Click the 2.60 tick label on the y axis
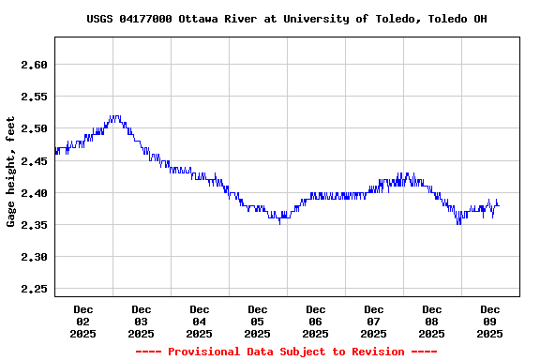click(x=34, y=65)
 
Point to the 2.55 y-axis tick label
click(x=34, y=97)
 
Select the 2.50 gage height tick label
click(x=34, y=128)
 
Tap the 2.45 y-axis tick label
click(x=34, y=161)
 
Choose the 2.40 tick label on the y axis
click(x=34, y=193)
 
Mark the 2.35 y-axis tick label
click(x=34, y=225)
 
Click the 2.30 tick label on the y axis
click(x=34, y=257)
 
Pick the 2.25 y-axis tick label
click(x=34, y=289)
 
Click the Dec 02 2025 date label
click(x=83, y=321)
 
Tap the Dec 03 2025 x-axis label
click(x=142, y=321)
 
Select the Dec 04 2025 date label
click(x=200, y=321)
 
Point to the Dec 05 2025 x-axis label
click(x=258, y=321)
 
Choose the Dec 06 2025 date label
click(x=316, y=321)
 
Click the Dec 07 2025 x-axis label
click(x=374, y=321)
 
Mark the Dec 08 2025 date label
click(x=432, y=321)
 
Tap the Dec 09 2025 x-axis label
click(x=490, y=321)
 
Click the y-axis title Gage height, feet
click(x=11, y=172)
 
